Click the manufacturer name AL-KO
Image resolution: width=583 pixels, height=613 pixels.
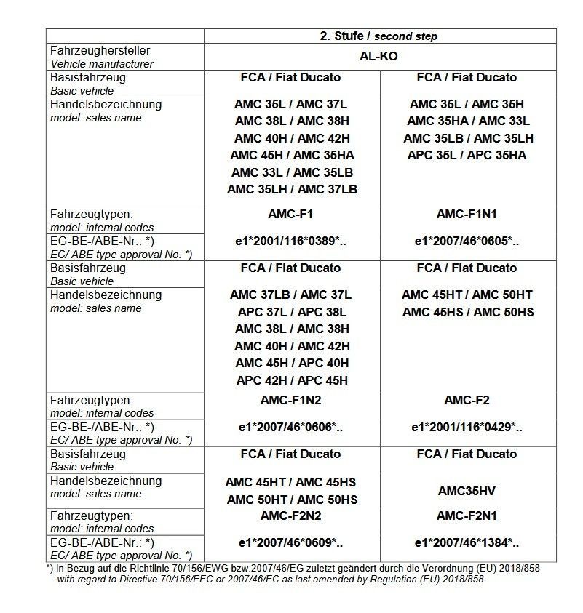pos(379,57)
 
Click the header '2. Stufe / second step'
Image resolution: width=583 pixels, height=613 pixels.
pos(379,36)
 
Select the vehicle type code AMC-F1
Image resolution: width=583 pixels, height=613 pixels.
pos(291,215)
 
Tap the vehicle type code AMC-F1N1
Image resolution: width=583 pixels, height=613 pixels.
pos(467,215)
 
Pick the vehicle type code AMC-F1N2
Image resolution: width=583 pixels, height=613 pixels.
pos(291,401)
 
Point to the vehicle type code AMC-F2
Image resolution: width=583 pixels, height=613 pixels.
pos(467,401)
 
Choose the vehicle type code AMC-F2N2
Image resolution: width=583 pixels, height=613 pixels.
pos(291,516)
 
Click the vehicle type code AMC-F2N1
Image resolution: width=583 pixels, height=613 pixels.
pos(467,516)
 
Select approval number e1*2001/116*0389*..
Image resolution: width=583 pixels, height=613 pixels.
pos(291,241)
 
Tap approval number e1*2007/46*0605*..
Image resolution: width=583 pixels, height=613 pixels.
pos(467,241)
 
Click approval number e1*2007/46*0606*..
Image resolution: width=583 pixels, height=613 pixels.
pos(291,428)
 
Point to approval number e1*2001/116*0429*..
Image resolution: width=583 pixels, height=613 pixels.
pos(467,428)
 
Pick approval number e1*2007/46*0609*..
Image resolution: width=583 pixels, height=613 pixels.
pos(291,542)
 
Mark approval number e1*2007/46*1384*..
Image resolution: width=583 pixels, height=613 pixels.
pos(467,542)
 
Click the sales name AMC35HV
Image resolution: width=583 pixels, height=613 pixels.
pos(467,491)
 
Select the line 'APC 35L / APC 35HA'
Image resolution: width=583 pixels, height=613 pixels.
pos(467,155)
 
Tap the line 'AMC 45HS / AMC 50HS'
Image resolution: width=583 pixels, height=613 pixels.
pos(467,312)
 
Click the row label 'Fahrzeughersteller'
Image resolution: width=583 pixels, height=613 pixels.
pos(100,51)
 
